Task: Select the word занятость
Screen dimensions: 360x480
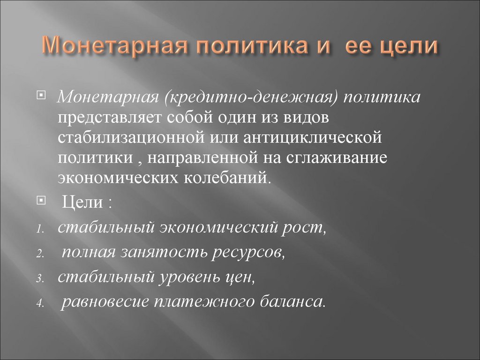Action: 165,253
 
